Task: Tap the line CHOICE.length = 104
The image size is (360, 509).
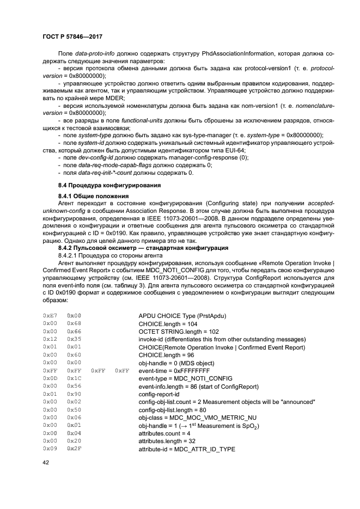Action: (x=168, y=323)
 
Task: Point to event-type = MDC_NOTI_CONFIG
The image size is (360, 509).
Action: (x=185, y=378)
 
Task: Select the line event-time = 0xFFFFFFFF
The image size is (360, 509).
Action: (x=174, y=370)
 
